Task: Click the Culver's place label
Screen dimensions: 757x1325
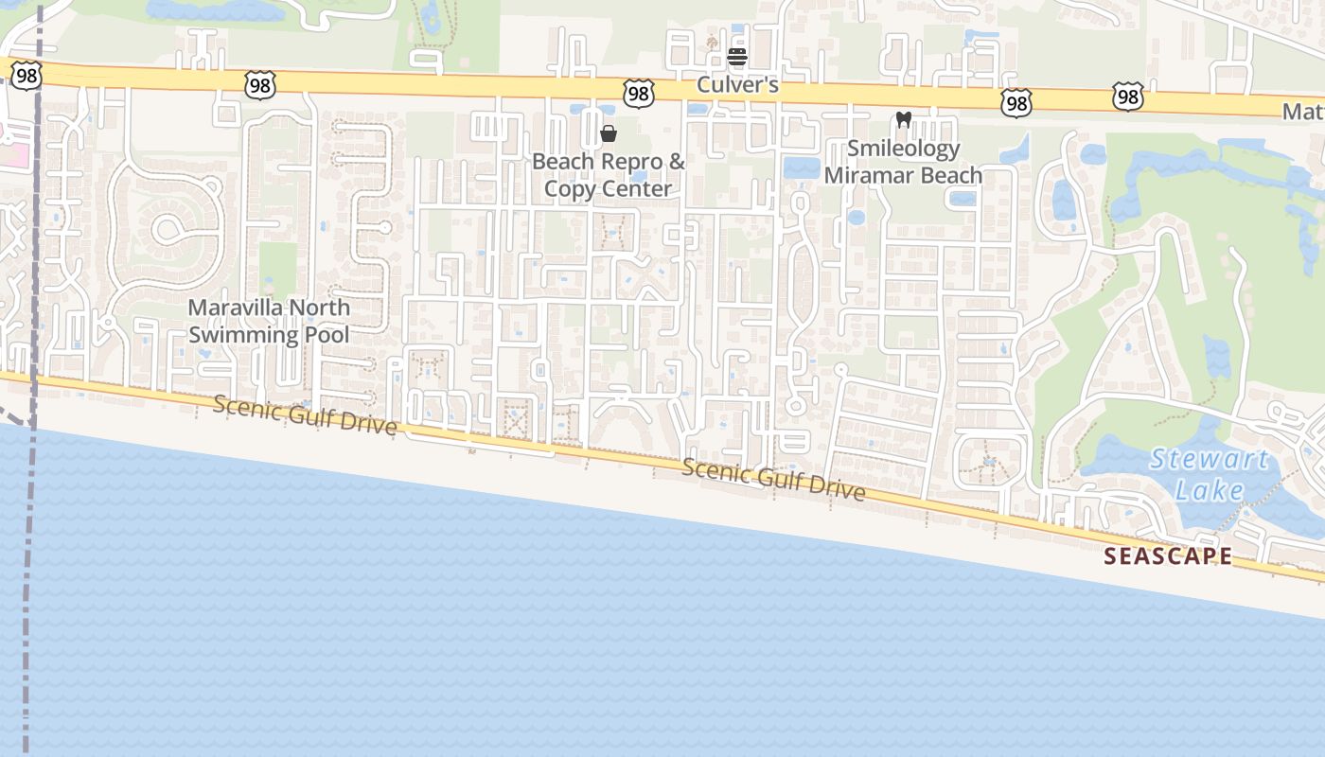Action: tap(737, 85)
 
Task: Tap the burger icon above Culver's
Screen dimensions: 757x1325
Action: tap(737, 57)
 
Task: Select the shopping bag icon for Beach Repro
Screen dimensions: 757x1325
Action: tap(609, 133)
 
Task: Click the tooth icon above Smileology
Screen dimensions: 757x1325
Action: tap(903, 120)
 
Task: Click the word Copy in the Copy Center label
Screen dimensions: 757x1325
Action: tap(569, 189)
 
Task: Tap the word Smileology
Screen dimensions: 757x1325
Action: tap(903, 149)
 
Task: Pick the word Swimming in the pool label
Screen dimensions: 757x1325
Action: tap(241, 335)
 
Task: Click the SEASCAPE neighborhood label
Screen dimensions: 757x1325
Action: tap(1168, 556)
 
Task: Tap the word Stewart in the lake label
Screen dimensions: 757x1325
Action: tap(1209, 461)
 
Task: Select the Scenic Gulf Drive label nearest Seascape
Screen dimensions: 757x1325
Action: tap(773, 479)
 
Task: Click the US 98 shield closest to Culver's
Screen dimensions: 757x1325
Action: tap(639, 93)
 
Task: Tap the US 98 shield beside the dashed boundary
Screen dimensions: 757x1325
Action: tap(26, 76)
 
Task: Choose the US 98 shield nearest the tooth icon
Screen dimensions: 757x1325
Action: tap(1016, 102)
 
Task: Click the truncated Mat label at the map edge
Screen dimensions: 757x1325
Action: tap(1303, 112)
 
